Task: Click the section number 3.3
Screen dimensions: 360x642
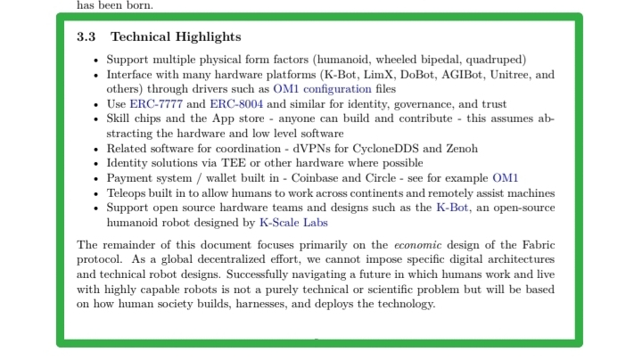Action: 87,37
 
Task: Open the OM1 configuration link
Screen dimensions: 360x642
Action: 323,89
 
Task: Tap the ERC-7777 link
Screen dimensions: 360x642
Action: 156,103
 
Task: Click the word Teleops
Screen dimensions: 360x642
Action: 128,192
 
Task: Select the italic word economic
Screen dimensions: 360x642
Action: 417,244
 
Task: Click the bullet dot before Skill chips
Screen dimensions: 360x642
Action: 97,119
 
